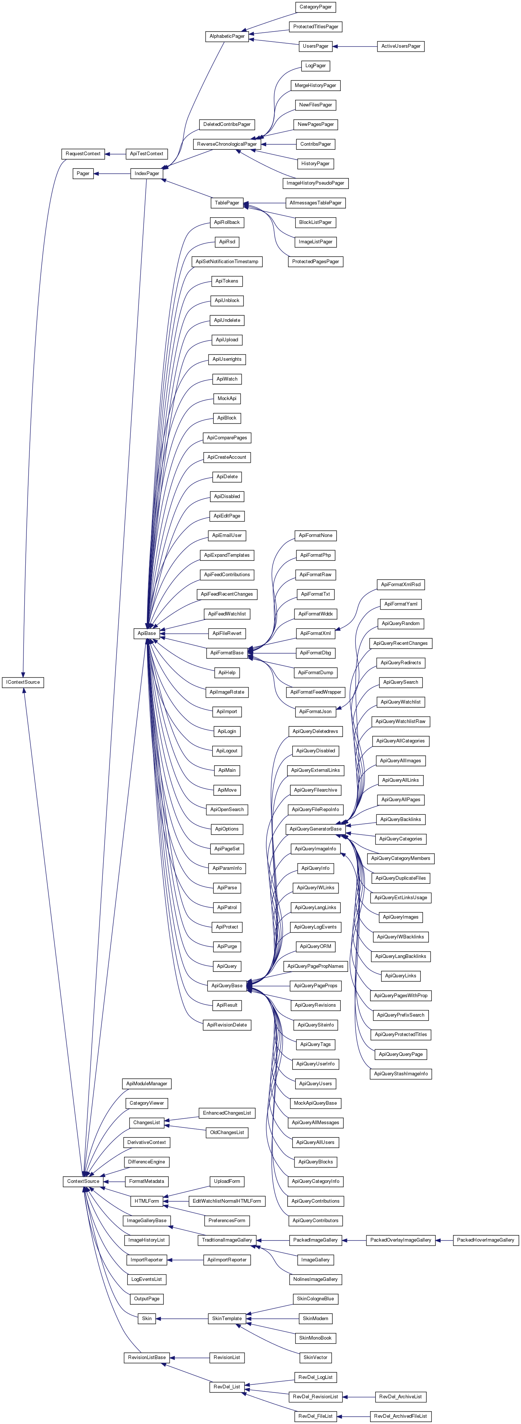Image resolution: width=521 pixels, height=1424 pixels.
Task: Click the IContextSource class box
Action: (x=23, y=682)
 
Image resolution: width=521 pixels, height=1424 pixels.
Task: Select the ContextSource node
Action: (x=83, y=1181)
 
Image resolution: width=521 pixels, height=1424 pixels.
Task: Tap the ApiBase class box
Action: (x=146, y=633)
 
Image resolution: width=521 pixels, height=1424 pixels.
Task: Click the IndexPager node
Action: (x=146, y=174)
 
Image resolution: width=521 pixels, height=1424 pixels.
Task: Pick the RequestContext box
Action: (x=83, y=154)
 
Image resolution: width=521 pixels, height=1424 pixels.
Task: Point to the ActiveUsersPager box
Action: (x=401, y=47)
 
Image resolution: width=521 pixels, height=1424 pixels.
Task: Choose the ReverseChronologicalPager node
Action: (x=227, y=144)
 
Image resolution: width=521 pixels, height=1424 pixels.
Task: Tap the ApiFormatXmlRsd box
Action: (x=401, y=584)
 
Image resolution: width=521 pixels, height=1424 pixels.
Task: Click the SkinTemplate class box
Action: (x=227, y=1318)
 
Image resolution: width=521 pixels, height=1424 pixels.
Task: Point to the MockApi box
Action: (x=227, y=399)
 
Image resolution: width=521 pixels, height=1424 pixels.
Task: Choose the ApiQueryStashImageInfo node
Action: (x=401, y=1074)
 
